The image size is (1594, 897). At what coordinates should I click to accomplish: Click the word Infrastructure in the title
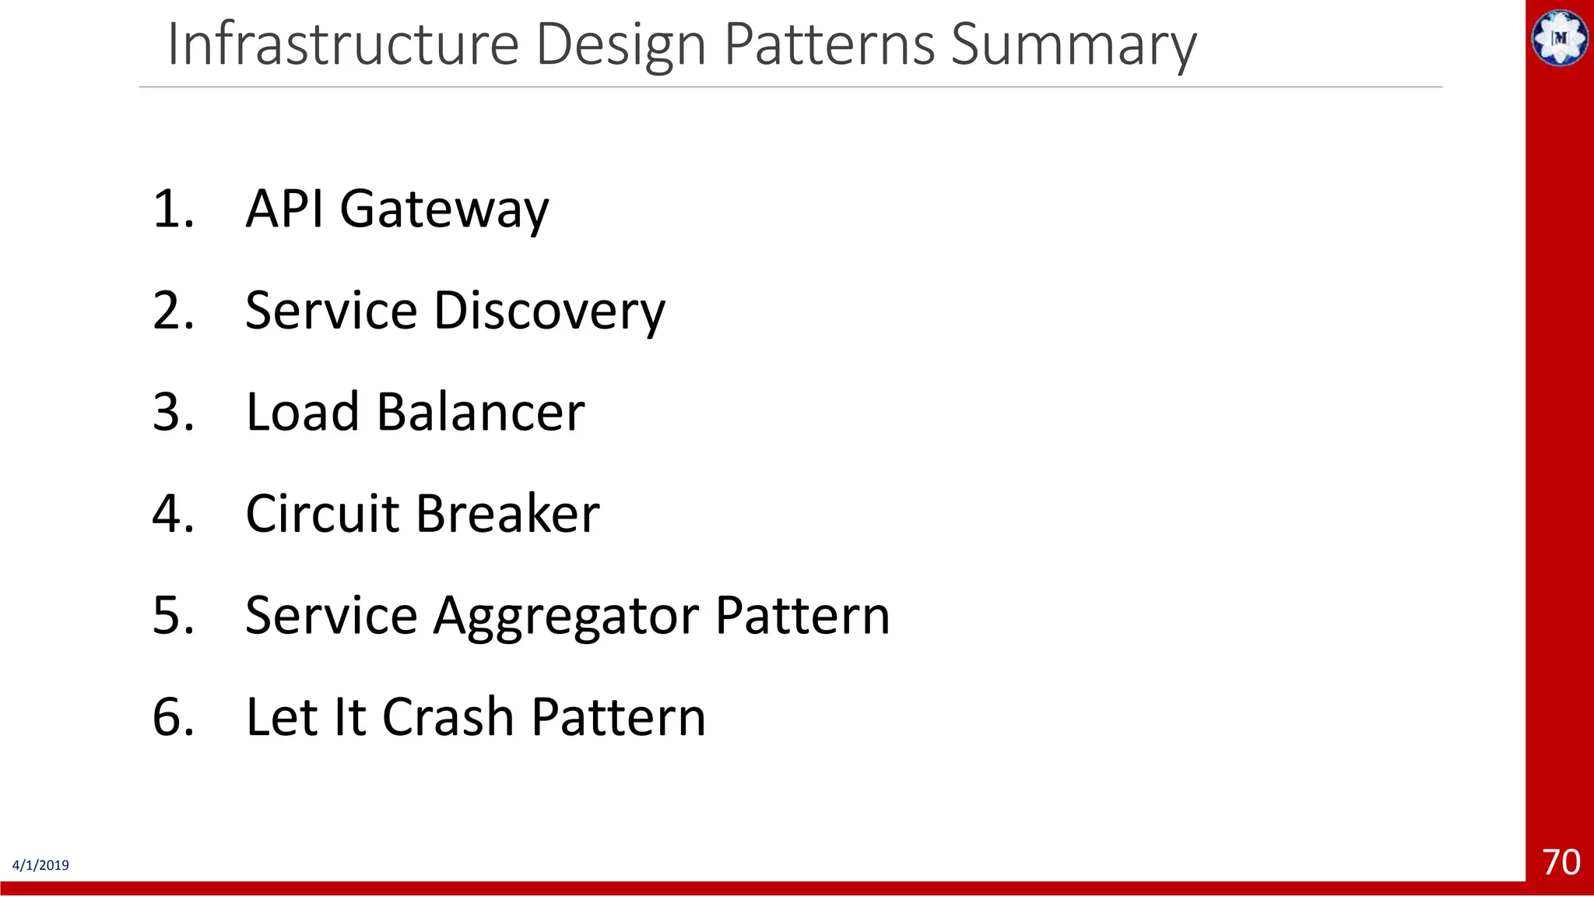[342, 44]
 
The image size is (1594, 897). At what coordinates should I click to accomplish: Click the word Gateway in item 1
[444, 210]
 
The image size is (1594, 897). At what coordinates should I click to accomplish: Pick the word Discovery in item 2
[549, 311]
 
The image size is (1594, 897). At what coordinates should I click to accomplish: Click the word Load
[302, 412]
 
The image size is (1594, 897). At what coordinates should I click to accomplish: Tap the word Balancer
[480, 412]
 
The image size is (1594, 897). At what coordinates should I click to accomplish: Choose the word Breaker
[507, 514]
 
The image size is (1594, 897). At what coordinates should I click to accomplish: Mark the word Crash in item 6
[448, 717]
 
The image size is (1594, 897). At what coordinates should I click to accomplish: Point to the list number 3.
[172, 412]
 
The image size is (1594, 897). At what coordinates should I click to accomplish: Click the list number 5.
[172, 616]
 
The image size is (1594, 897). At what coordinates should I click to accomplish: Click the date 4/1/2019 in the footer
[40, 866]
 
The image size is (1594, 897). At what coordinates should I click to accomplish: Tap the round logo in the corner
[1560, 37]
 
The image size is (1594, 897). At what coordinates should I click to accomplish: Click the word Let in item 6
[281, 717]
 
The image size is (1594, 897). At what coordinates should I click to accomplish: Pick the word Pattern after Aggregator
[802, 616]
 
